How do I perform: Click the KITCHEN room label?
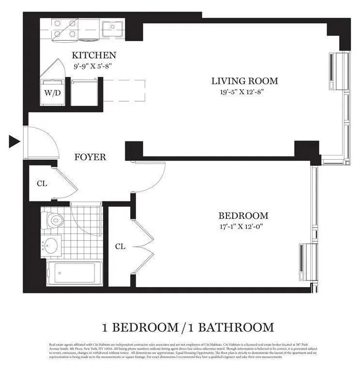[x=94, y=55]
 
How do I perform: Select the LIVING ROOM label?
[x=245, y=81]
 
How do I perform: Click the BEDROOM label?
[x=243, y=216]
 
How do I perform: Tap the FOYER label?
[x=90, y=157]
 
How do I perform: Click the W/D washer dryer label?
[x=52, y=93]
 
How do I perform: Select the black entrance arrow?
[x=14, y=141]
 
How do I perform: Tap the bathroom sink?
[x=50, y=245]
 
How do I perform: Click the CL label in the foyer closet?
[x=42, y=184]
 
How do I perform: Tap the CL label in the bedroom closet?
[x=120, y=246]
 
